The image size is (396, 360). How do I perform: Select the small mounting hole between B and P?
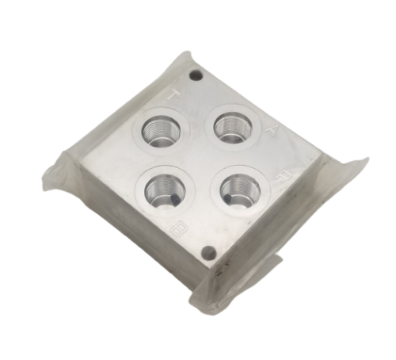(x=208, y=255)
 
